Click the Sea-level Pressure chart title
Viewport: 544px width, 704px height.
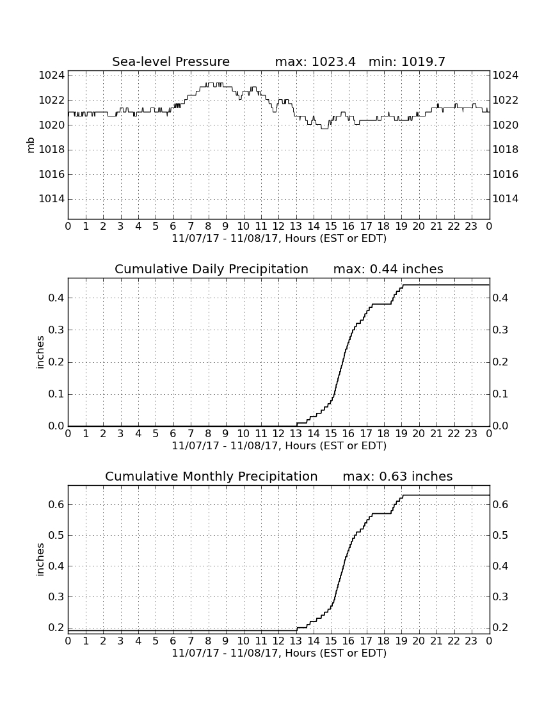[171, 61]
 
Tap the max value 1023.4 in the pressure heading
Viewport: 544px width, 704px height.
[333, 61]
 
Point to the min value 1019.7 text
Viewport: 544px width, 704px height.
[423, 61]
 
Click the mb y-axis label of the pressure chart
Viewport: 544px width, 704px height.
[31, 145]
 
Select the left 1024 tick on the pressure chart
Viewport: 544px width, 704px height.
[52, 75]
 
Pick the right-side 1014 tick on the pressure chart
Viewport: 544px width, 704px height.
[506, 199]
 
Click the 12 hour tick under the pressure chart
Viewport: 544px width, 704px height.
[278, 226]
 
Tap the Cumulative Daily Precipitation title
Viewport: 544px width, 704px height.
[211, 269]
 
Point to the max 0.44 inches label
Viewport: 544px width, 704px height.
[388, 269]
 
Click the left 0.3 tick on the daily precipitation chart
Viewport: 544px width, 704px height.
[56, 330]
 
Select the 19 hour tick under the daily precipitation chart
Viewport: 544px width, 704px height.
[401, 433]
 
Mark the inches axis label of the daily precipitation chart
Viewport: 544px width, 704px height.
[40, 353]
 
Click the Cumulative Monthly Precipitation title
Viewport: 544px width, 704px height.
[211, 476]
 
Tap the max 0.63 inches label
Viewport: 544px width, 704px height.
[397, 476]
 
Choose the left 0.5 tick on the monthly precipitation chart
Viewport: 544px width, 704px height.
[56, 535]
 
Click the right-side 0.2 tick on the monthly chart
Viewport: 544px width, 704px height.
[500, 627]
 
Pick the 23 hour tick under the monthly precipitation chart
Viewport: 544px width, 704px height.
[471, 640]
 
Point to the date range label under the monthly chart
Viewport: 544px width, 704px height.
[279, 652]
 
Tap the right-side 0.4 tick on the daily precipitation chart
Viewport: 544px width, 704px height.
[500, 298]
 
